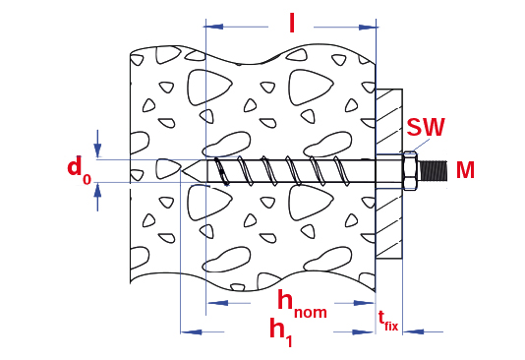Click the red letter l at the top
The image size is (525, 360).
click(x=291, y=22)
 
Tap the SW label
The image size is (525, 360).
click(x=426, y=127)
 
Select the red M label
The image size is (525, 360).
click(x=465, y=170)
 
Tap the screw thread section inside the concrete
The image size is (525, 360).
click(x=285, y=170)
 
